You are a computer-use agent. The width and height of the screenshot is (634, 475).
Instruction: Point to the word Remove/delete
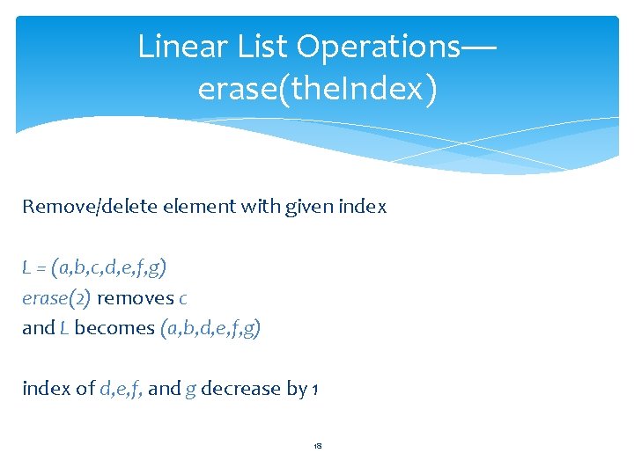pos(75,208)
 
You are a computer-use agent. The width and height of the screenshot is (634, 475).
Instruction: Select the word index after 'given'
pos(360,208)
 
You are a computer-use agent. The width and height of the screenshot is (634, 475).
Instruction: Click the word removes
pos(135,298)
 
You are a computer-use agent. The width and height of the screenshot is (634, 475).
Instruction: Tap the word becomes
pos(115,329)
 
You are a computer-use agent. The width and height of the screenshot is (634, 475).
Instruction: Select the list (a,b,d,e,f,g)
pos(210,329)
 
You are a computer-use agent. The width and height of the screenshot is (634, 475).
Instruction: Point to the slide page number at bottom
pos(317,447)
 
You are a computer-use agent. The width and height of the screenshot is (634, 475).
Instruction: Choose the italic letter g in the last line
pos(190,390)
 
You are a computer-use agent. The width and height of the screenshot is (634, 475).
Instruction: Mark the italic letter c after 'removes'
pos(182,299)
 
